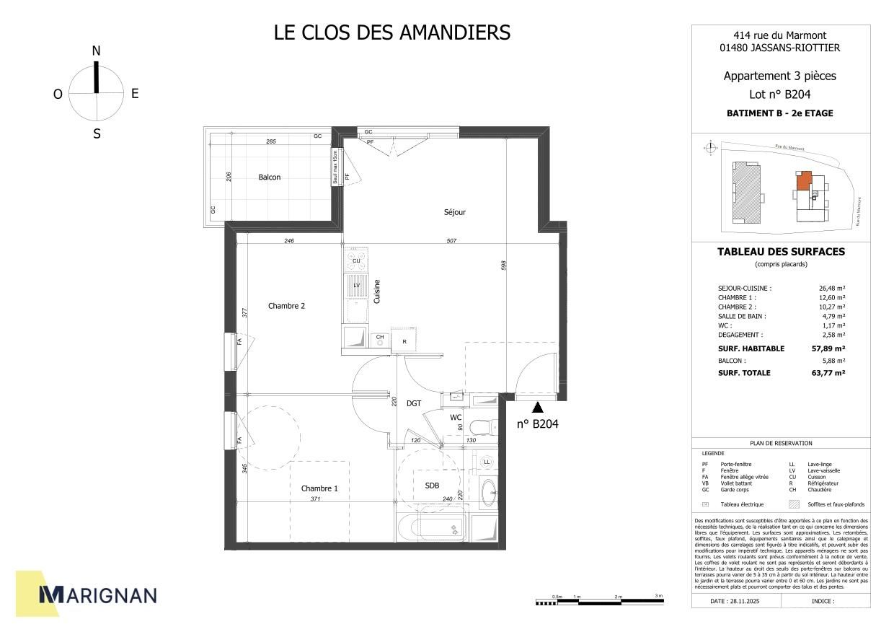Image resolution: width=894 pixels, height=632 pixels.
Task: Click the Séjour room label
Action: coord(454,212)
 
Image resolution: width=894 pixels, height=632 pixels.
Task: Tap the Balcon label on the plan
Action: coord(269,177)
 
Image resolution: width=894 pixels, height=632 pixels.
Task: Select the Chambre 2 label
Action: coord(286,306)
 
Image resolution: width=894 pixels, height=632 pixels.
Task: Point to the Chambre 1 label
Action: coord(319,488)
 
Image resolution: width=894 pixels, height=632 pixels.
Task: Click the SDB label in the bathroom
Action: coord(432,486)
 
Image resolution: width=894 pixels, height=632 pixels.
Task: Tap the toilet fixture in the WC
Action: coord(483,427)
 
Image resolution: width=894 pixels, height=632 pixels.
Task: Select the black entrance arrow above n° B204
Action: coord(536,408)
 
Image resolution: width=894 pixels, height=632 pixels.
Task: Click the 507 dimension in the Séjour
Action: coord(452,242)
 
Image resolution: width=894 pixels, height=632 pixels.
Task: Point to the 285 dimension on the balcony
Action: coord(271,141)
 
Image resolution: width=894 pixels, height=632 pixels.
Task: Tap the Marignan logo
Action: coord(97,594)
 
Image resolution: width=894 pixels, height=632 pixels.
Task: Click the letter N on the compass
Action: coord(96,51)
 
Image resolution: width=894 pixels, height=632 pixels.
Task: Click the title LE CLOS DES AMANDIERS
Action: coord(392,32)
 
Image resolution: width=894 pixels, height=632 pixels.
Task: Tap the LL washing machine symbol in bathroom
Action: coord(487,462)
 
